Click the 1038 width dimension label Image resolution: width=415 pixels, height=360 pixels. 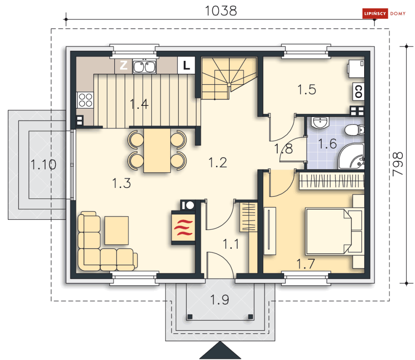pyautogui.click(x=221, y=11)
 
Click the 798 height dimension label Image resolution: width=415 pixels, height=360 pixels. pyautogui.click(x=398, y=164)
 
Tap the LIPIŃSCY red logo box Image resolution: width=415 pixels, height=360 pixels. pyautogui.click(x=375, y=13)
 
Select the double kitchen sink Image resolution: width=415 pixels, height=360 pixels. pyautogui.click(x=144, y=67)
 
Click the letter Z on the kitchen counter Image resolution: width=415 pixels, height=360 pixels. pyautogui.click(x=123, y=65)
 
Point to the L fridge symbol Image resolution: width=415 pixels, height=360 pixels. pyautogui.click(x=186, y=65)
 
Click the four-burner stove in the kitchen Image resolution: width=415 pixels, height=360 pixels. pyautogui.click(x=85, y=100)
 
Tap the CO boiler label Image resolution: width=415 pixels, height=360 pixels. pyautogui.click(x=358, y=91)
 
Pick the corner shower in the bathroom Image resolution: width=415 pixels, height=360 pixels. pyautogui.click(x=352, y=157)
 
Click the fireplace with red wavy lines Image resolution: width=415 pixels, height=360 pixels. pyautogui.click(x=183, y=227)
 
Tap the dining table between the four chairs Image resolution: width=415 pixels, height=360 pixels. pyautogui.click(x=157, y=150)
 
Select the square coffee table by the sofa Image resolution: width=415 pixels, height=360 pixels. pyautogui.click(x=116, y=230)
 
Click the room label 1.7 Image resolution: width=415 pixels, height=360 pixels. pyautogui.click(x=305, y=264)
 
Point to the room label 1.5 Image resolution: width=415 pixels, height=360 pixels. pyautogui.click(x=307, y=90)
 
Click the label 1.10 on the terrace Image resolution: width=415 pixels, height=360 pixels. pyautogui.click(x=43, y=165)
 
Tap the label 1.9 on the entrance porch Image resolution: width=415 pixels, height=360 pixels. pyautogui.click(x=219, y=300)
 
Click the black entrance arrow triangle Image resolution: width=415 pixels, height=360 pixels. pyautogui.click(x=220, y=350)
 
